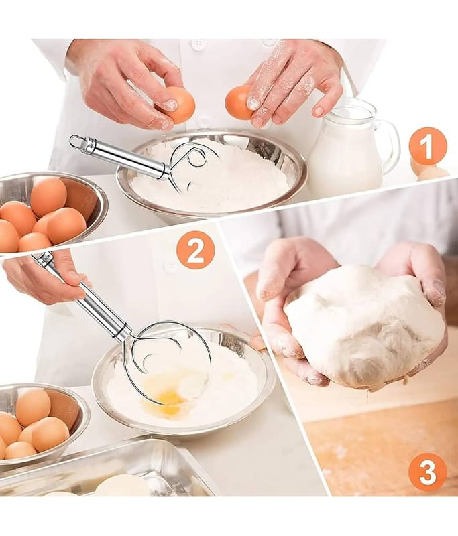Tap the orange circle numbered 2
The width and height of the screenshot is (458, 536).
point(195,253)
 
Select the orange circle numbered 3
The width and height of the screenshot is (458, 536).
point(428,473)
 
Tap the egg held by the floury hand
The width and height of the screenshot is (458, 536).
point(240,103)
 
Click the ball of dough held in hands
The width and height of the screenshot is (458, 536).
point(364,325)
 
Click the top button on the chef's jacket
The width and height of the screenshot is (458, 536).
point(198,44)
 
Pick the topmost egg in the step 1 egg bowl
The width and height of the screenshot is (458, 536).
point(49,193)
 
